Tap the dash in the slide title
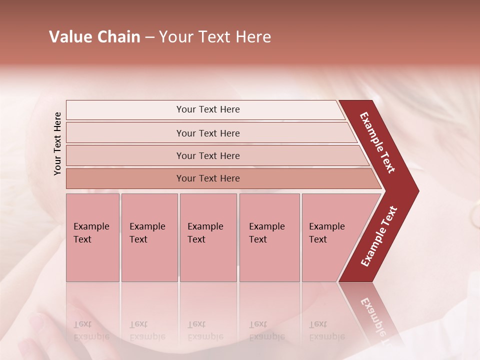pyautogui.click(x=149, y=37)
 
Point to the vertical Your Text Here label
pyautogui.click(x=57, y=143)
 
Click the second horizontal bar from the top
pyautogui.click(x=208, y=133)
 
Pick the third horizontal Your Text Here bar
pyautogui.click(x=208, y=155)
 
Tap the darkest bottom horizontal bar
pyautogui.click(x=208, y=178)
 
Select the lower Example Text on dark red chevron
pyautogui.click(x=379, y=236)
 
